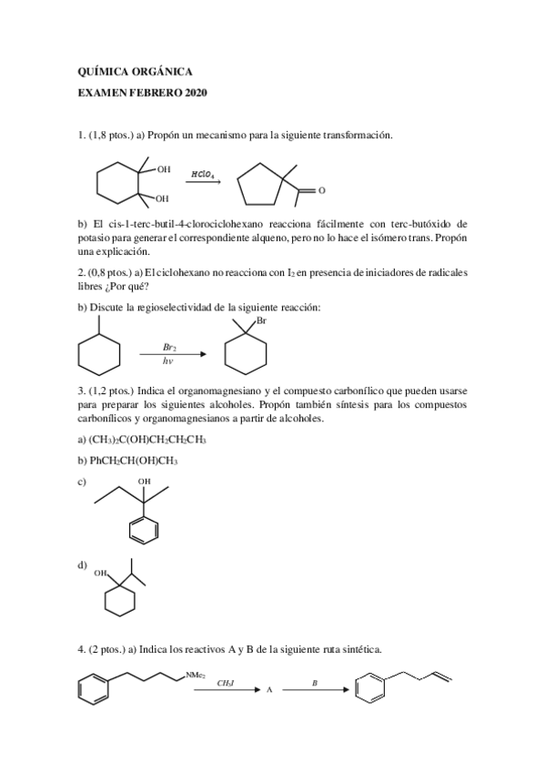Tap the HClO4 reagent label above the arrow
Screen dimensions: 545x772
tap(203, 173)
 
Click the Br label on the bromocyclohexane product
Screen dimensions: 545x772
tap(262, 321)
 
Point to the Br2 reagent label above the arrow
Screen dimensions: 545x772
tap(170, 346)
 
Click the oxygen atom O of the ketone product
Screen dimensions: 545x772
tap(321, 191)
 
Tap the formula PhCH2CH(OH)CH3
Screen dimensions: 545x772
tap(132, 461)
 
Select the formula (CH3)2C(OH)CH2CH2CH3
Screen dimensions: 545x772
tap(147, 440)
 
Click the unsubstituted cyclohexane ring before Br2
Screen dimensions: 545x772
tap(99, 350)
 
